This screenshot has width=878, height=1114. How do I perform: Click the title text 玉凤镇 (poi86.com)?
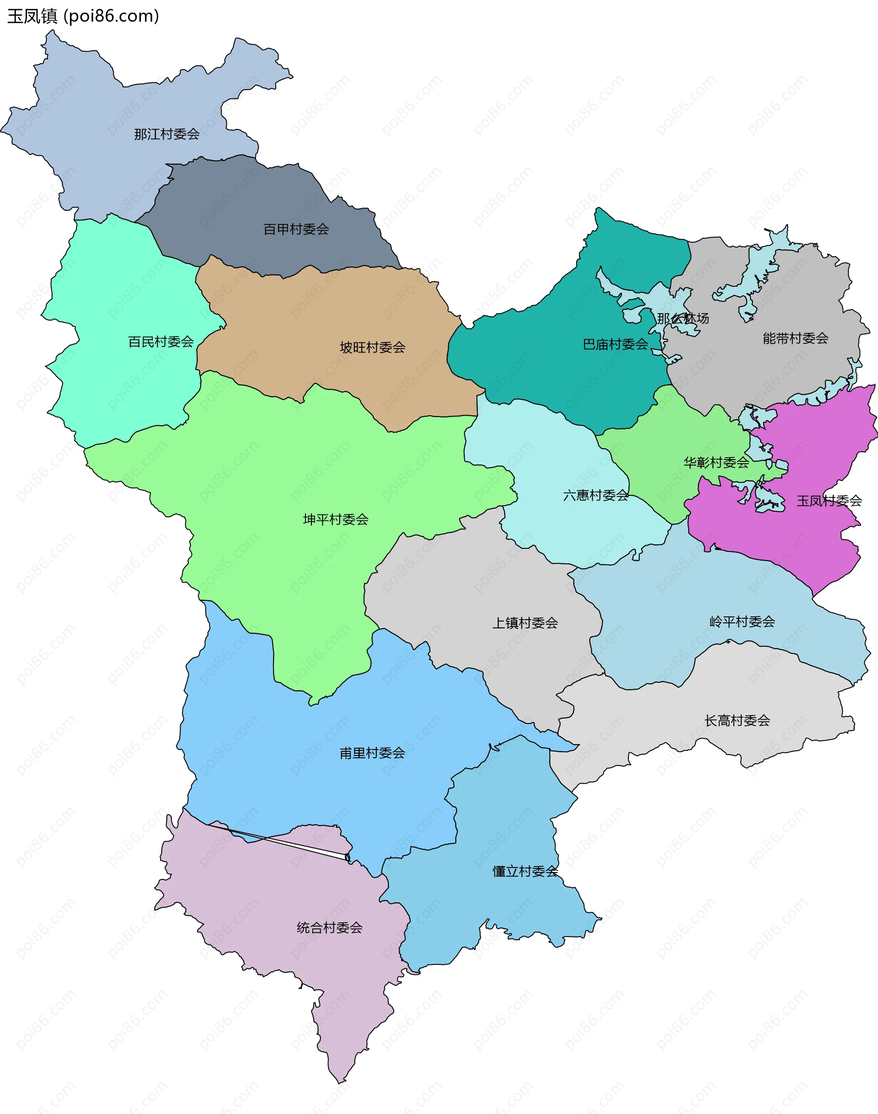click(83, 16)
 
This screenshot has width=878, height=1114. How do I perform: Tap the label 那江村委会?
click(166, 134)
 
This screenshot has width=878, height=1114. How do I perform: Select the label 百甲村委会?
click(296, 229)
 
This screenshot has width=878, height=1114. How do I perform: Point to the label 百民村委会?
click(161, 342)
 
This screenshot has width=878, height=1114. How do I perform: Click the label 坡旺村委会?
click(372, 348)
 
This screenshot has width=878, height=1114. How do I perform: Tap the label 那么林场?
click(683, 318)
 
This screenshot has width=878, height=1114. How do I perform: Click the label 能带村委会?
click(795, 338)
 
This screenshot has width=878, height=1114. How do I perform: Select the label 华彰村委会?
click(716, 463)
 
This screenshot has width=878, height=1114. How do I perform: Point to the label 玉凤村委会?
click(829, 501)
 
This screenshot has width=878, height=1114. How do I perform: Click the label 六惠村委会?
click(595, 496)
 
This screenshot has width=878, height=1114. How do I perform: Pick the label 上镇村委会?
click(525, 623)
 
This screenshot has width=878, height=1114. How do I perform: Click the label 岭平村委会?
click(742, 622)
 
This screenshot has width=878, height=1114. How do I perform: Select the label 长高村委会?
click(737, 721)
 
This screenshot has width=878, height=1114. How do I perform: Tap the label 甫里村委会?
click(372, 753)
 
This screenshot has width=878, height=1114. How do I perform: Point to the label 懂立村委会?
click(525, 871)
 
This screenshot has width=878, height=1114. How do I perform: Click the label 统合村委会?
click(330, 928)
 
